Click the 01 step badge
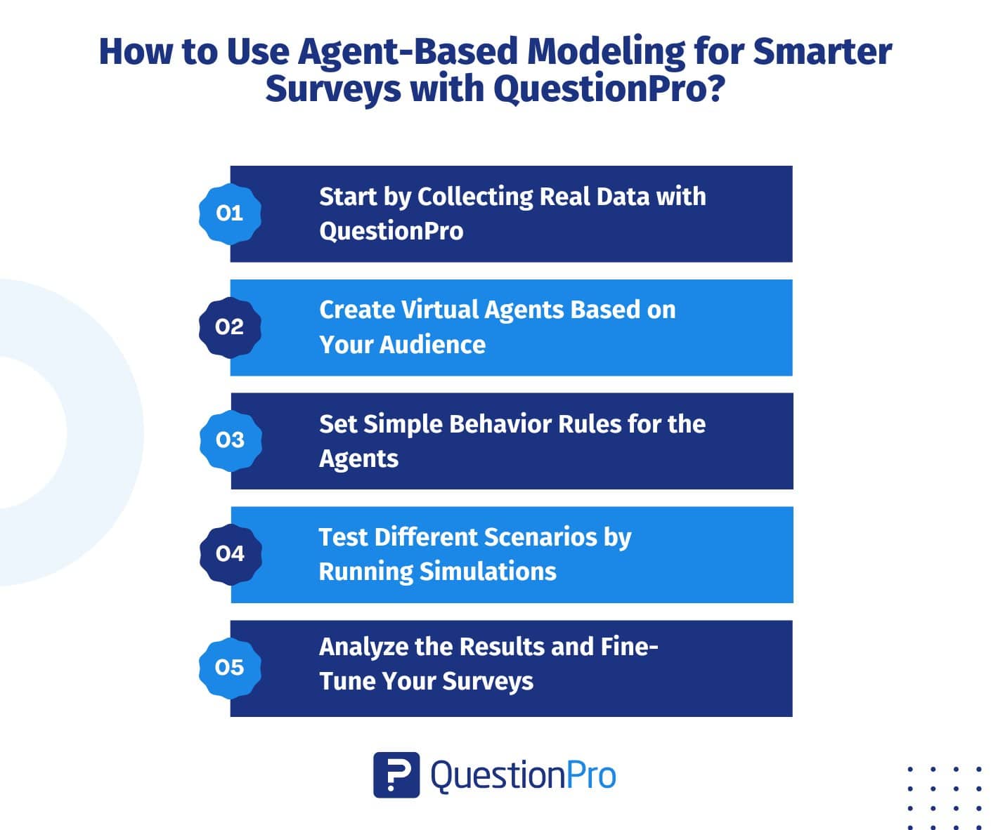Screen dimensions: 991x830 click(230, 214)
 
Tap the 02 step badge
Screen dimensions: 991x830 click(230, 327)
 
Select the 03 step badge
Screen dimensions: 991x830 click(231, 440)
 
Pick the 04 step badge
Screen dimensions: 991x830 click(231, 554)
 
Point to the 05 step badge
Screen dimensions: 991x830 click(230, 668)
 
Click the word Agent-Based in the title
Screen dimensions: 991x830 click(407, 52)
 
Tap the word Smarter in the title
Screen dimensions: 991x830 click(822, 51)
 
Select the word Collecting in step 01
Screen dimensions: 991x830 click(474, 197)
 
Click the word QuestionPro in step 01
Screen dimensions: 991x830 click(391, 232)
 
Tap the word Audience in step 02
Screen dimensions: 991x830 click(432, 344)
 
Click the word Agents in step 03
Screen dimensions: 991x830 click(358, 459)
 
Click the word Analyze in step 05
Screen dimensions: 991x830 click(363, 647)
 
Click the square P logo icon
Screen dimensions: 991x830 click(396, 775)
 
